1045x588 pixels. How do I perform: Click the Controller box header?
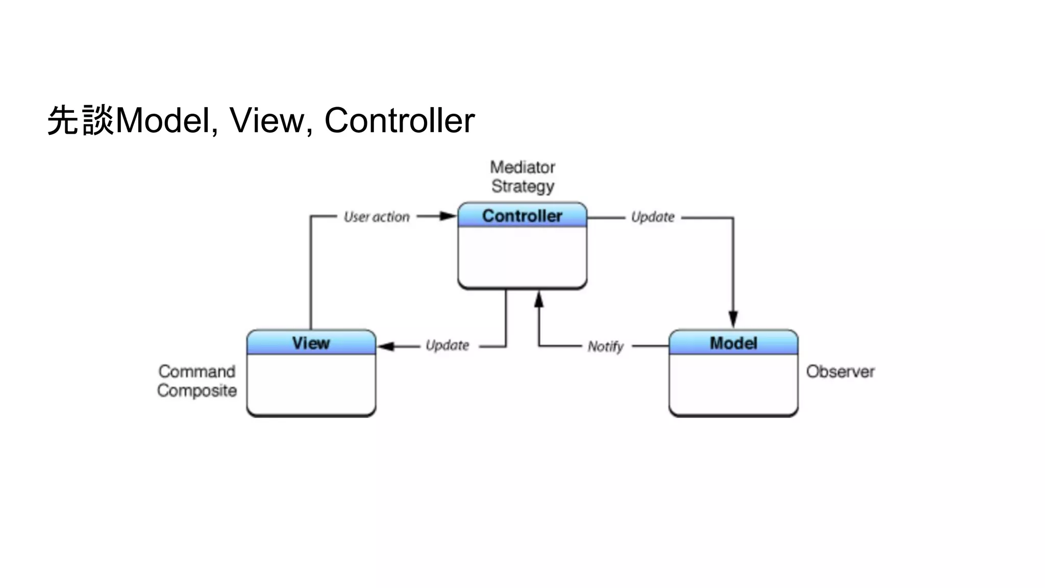click(x=522, y=215)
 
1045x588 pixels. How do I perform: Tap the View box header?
click(x=311, y=343)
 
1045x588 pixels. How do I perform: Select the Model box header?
click(x=733, y=343)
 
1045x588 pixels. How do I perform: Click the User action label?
click(x=377, y=217)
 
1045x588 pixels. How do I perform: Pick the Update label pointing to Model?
click(x=653, y=217)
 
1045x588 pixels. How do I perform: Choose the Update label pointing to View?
click(x=447, y=346)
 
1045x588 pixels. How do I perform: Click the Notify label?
click(x=605, y=347)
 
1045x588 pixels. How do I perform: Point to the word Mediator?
click(x=522, y=167)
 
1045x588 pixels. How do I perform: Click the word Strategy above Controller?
click(x=522, y=186)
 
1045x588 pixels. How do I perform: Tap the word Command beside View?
click(x=197, y=372)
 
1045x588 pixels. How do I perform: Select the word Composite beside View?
click(x=197, y=390)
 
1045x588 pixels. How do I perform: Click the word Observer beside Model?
click(x=840, y=372)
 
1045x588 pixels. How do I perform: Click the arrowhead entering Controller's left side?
click(x=448, y=216)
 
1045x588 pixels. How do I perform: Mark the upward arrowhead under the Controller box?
click(x=539, y=300)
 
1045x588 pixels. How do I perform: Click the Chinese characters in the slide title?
click(x=81, y=121)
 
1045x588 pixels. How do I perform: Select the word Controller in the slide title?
click(x=400, y=121)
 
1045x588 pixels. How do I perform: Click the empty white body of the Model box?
click(x=733, y=384)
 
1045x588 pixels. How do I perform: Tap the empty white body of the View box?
click(x=311, y=384)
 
